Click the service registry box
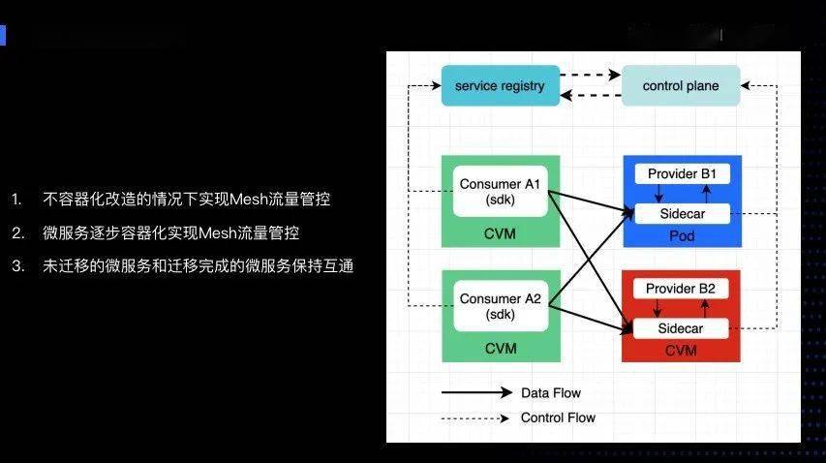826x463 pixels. (x=500, y=86)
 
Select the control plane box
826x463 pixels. (x=681, y=86)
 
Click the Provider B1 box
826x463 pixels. (x=681, y=174)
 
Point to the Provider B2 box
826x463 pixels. (x=681, y=289)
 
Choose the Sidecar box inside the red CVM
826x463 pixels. (x=681, y=328)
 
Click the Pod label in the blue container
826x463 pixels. (x=681, y=235)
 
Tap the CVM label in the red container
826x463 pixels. (x=681, y=350)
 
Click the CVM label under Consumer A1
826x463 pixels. (x=500, y=234)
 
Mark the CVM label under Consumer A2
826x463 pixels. (x=500, y=348)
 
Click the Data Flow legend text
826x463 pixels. (x=551, y=393)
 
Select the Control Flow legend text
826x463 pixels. (x=558, y=417)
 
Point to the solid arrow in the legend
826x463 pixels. (x=476, y=393)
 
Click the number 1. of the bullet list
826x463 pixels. (x=17, y=200)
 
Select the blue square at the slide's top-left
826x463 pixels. (x=3, y=36)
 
